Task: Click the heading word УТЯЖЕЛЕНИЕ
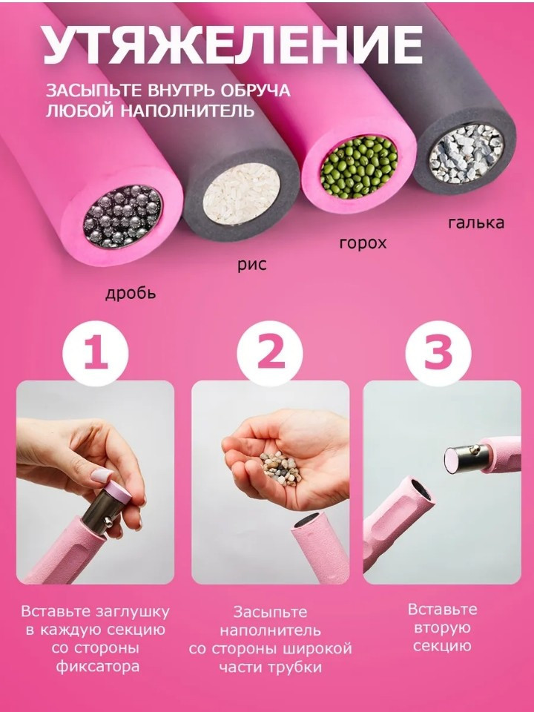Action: (x=233, y=44)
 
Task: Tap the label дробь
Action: (x=131, y=294)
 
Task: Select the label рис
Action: (x=252, y=265)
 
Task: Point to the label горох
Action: (x=363, y=243)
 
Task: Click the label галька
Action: (x=476, y=222)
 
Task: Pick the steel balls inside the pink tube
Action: (x=122, y=217)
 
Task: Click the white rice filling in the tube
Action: (x=241, y=195)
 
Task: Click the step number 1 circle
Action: (x=96, y=354)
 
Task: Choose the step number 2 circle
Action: (x=270, y=354)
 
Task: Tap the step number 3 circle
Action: (x=438, y=354)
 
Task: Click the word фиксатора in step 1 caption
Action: (x=98, y=667)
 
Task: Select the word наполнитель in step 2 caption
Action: (x=270, y=630)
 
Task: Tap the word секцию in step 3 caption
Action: (x=442, y=646)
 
